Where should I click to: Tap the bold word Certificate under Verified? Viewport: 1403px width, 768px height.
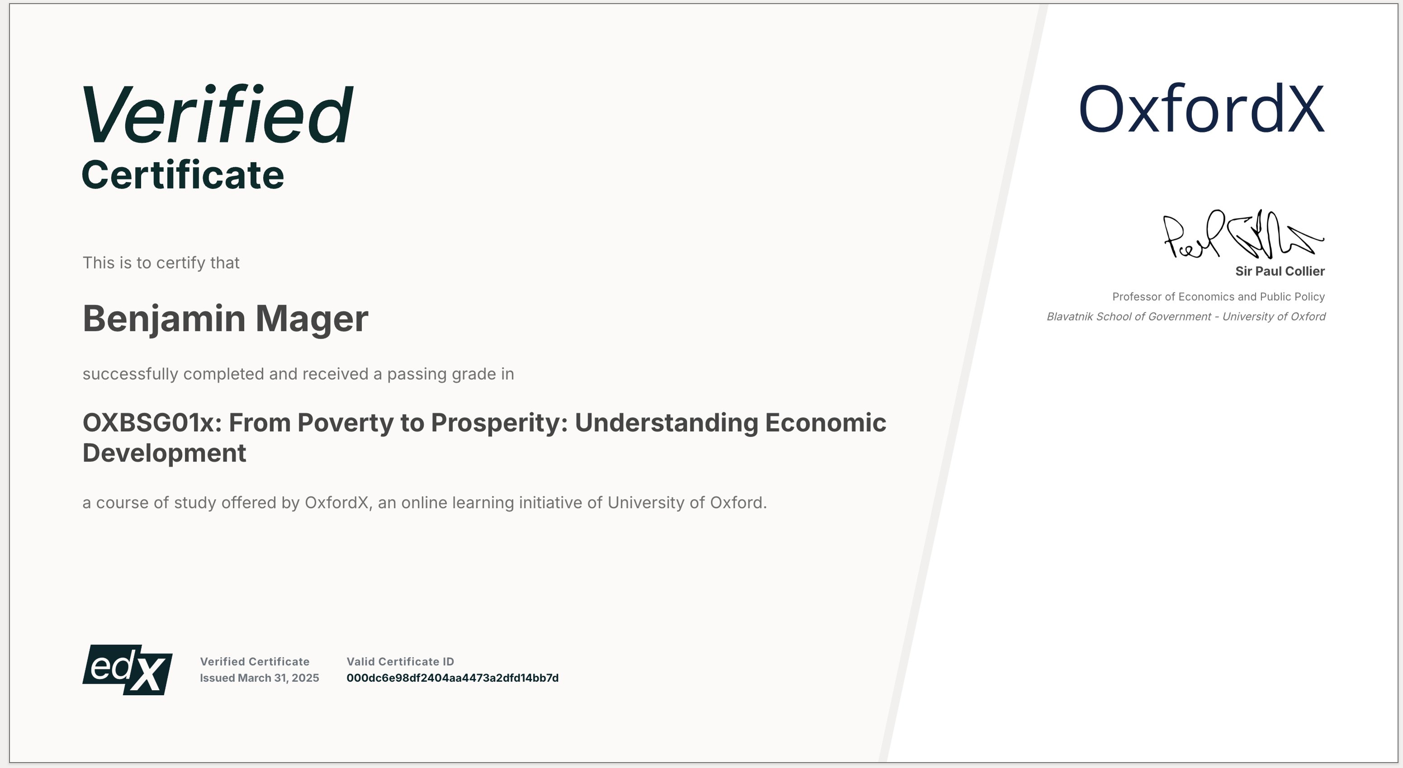point(183,175)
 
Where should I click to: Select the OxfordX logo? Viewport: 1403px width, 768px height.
point(1200,109)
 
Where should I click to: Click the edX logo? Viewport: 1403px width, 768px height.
point(128,669)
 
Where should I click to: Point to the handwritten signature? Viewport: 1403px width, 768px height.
point(1242,236)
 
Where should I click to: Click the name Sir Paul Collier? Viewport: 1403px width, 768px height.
point(1280,271)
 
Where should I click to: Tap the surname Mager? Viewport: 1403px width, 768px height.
point(312,319)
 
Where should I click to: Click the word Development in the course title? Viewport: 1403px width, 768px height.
point(164,453)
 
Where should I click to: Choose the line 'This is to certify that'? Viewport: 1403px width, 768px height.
point(161,263)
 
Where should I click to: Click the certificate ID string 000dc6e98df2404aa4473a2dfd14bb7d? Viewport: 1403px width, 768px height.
point(452,678)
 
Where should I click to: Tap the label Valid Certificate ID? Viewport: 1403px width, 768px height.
point(400,662)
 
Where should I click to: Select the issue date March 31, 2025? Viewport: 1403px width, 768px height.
point(279,678)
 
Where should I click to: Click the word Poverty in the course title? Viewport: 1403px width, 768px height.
point(345,423)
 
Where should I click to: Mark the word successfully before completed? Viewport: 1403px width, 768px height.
point(130,374)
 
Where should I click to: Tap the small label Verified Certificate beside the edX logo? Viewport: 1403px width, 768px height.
point(255,662)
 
